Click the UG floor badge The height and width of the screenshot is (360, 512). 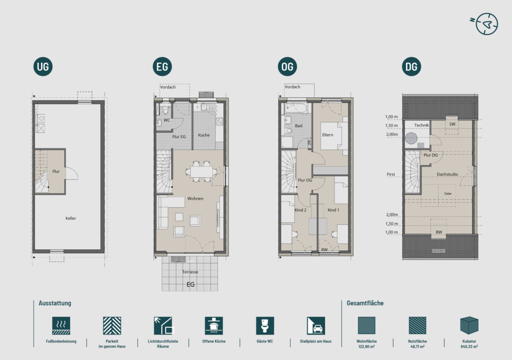(43, 66)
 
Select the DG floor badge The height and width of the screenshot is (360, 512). (411, 66)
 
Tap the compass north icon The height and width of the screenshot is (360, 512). (486, 24)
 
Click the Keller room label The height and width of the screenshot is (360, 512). (70, 218)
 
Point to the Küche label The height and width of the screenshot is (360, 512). (204, 135)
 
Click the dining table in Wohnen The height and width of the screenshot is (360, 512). (201, 171)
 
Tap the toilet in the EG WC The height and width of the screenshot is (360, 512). (165, 110)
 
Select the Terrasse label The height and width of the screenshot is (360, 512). (190, 272)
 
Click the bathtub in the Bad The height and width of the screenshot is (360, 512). (295, 108)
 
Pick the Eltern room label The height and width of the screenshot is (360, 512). (327, 134)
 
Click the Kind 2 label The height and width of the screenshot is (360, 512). (300, 210)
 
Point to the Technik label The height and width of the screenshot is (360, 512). (421, 125)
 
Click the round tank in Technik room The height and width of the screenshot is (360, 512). (411, 138)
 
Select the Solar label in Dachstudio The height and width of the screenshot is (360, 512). (447, 193)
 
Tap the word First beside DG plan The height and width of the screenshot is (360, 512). (391, 174)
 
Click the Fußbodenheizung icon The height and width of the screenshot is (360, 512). (61, 325)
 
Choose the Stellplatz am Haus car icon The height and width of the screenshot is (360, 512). (316, 325)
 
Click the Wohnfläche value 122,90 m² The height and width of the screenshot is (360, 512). (366, 346)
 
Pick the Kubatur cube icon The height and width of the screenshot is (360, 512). (469, 325)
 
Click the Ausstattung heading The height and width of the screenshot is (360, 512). (55, 303)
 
